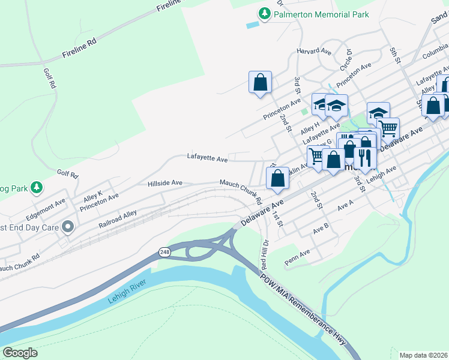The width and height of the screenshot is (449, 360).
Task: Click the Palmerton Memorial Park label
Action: pyautogui.click(x=321, y=14)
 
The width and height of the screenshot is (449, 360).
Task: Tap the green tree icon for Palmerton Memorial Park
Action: pyautogui.click(x=264, y=13)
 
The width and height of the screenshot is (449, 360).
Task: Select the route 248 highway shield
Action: pyautogui.click(x=164, y=253)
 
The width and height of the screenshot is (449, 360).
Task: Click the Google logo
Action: pyautogui.click(x=20, y=353)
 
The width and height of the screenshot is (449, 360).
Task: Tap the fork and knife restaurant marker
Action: pyautogui.click(x=364, y=157)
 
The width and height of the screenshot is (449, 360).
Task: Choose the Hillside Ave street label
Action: pyautogui.click(x=164, y=182)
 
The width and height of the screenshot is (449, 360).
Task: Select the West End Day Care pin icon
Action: pyautogui.click(x=68, y=227)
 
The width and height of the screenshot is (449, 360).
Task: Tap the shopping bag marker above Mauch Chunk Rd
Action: pyautogui.click(x=277, y=178)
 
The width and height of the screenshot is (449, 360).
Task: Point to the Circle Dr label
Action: pyautogui.click(x=346, y=59)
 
